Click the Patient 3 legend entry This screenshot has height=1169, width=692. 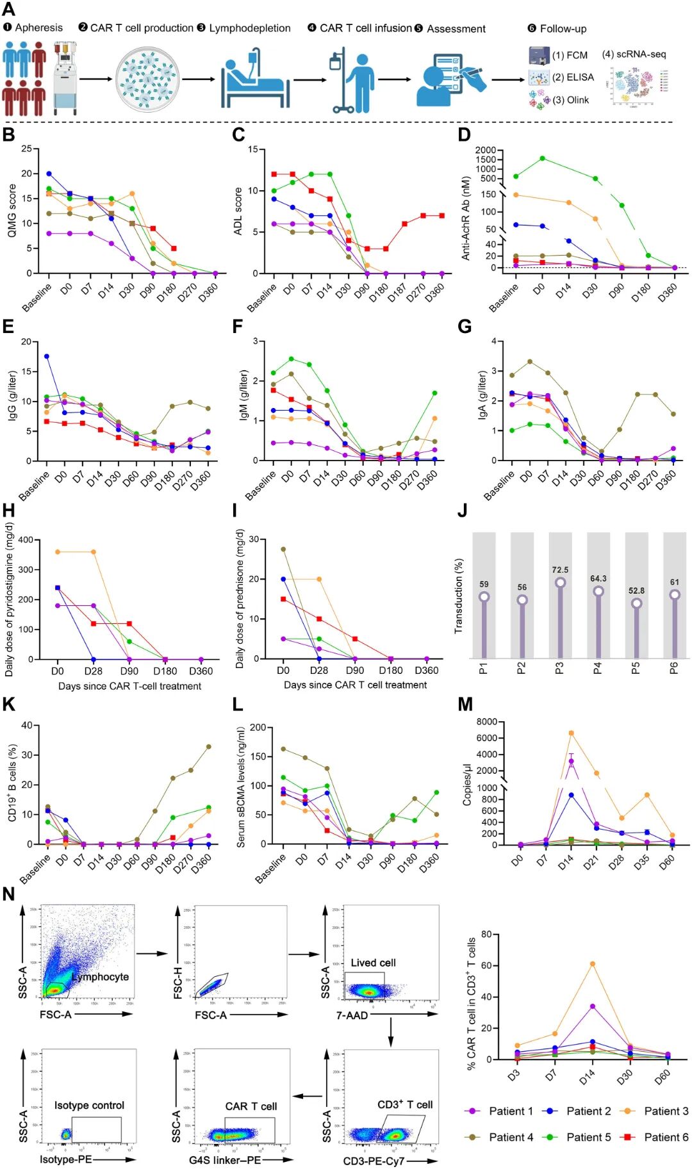pyautogui.click(x=666, y=1111)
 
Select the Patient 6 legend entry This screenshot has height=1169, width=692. pyautogui.click(x=666, y=1137)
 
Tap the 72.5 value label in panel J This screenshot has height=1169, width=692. pyautogui.click(x=560, y=569)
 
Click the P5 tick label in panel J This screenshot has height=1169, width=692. pyautogui.click(x=636, y=668)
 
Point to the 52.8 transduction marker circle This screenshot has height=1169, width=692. pyautogui.click(x=636, y=603)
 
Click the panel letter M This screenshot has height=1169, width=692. pyautogui.click(x=465, y=705)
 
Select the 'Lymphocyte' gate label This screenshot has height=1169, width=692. pyautogui.click(x=101, y=977)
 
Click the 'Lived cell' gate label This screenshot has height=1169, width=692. pyautogui.click(x=373, y=963)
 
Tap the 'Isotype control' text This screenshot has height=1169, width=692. pyautogui.click(x=89, y=1105)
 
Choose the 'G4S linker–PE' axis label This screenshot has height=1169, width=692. pyautogui.click(x=225, y=1160)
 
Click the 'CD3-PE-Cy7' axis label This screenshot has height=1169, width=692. pyautogui.click(x=374, y=1161)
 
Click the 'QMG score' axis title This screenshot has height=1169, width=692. pyautogui.click(x=12, y=211)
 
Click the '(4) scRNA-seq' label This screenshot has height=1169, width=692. pyautogui.click(x=634, y=54)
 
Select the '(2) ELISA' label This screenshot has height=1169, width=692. pyautogui.click(x=573, y=78)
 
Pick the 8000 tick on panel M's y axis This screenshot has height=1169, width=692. pyautogui.click(x=487, y=722)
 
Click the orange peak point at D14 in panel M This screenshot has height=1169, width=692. pyautogui.click(x=571, y=733)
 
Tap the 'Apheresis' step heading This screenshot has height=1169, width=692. pyautogui.click(x=38, y=28)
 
